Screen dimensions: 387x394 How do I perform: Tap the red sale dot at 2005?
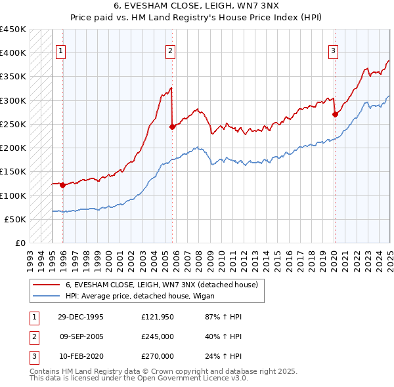[x=172, y=127]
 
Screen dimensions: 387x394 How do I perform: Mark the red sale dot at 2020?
[x=335, y=114]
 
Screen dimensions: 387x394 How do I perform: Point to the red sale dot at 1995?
[x=63, y=185]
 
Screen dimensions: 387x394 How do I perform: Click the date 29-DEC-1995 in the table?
[x=81, y=317]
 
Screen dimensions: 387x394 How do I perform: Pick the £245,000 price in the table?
[x=158, y=336]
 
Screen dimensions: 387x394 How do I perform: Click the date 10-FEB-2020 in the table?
[x=81, y=356]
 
